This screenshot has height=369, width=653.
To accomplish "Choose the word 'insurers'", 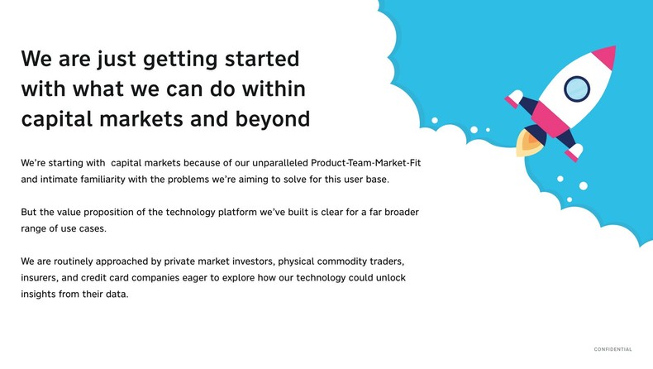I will tap(40, 278).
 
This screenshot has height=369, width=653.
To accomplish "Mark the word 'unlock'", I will tap(388, 278).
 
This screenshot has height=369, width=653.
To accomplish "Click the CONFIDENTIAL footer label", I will tap(612, 350).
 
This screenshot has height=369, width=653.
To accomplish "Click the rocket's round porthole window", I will tap(576, 88).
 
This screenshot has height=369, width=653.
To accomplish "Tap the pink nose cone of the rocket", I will tap(605, 56).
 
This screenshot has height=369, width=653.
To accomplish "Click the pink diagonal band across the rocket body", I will tap(551, 117).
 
